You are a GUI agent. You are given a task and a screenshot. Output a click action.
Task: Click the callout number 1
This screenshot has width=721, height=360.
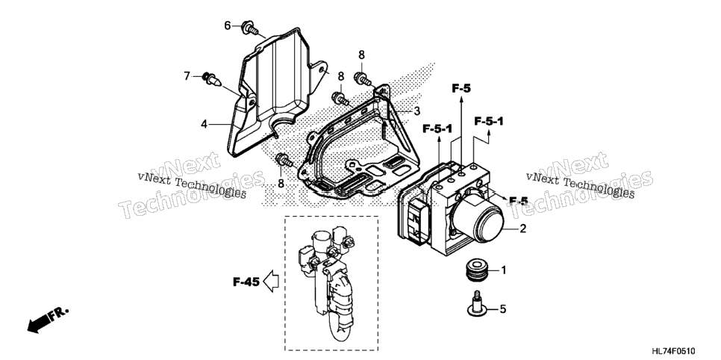tap(503, 270)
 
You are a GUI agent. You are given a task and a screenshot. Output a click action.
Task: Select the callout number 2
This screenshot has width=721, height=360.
tap(522, 229)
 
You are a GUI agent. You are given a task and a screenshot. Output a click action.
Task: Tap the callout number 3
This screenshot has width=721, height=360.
tap(416, 111)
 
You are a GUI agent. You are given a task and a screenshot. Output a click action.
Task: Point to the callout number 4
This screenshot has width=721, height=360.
tap(204, 124)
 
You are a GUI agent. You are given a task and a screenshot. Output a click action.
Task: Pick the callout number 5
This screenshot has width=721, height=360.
tap(502, 309)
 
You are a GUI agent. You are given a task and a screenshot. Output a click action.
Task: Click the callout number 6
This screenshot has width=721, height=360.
tap(227, 26)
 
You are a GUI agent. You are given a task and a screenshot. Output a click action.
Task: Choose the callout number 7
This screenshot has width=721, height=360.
tap(187, 76)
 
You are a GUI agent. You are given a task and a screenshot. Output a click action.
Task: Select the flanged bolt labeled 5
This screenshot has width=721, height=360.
tap(478, 304)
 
